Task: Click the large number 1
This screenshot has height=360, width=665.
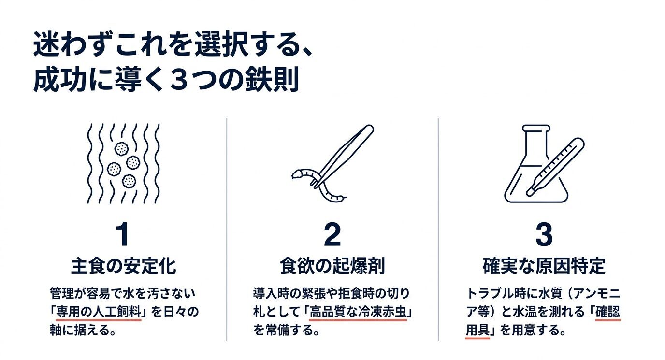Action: click(x=122, y=234)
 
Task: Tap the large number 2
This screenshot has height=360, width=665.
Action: click(x=332, y=234)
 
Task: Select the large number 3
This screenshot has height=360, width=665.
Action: click(x=544, y=234)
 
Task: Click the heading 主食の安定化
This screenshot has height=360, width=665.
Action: click(x=123, y=266)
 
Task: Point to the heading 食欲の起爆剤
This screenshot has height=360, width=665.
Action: click(x=332, y=266)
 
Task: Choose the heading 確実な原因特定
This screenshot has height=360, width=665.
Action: click(x=544, y=266)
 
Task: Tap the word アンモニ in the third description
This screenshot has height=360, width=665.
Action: click(x=602, y=293)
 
